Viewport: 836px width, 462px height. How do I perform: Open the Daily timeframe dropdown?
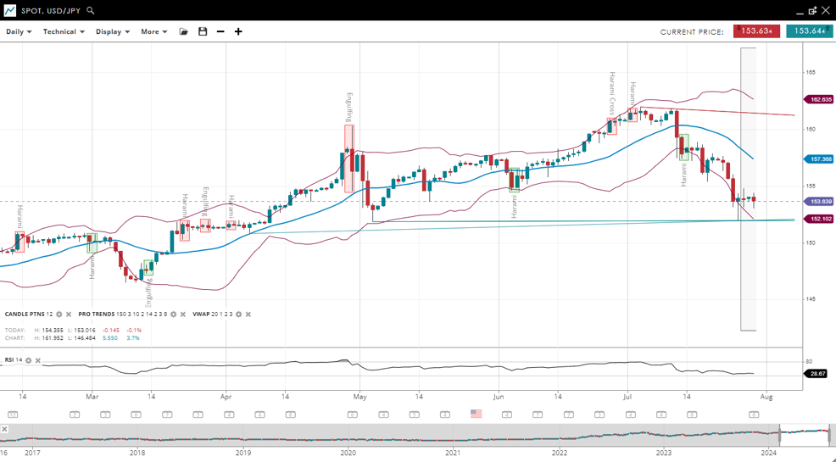point(19,31)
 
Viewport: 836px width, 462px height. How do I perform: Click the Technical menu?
point(64,31)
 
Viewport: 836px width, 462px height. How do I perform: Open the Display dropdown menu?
point(112,31)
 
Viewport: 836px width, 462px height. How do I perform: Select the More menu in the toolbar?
point(153,31)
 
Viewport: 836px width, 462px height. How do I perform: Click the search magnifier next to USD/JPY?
point(91,10)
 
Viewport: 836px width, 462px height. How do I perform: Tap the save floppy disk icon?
point(203,31)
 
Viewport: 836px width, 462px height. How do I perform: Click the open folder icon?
point(183,31)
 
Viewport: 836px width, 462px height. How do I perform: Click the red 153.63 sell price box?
point(756,31)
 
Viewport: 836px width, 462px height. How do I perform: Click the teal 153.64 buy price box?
point(809,31)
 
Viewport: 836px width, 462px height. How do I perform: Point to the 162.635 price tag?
point(820,99)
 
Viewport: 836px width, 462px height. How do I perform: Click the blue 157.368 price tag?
point(820,159)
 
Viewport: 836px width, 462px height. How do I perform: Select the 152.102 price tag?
point(820,219)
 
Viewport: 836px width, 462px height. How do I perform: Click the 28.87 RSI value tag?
point(817,373)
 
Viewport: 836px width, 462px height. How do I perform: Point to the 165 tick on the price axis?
point(811,73)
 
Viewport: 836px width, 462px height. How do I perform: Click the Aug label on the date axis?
point(766,396)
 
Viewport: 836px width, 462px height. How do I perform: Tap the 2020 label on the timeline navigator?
point(348,453)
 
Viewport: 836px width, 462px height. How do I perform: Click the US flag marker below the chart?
point(476,414)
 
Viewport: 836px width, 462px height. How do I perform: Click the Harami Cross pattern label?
point(611,93)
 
